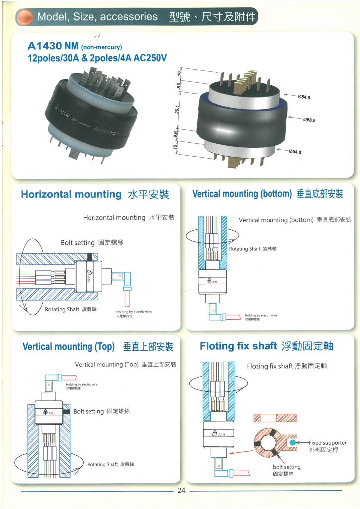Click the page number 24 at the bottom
[x=181, y=491]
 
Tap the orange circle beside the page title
[x=24, y=17]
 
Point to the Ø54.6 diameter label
[x=304, y=97]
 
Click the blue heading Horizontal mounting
[x=71, y=194]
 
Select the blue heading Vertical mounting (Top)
[x=69, y=346]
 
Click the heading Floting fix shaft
[x=238, y=346]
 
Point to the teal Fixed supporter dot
[x=292, y=442]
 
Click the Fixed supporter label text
[x=328, y=442]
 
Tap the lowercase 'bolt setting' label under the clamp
[x=287, y=467]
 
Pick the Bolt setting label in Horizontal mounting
[x=78, y=243]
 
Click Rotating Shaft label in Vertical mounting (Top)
[x=103, y=464]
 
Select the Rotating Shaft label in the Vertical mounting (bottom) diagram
[x=245, y=249]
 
